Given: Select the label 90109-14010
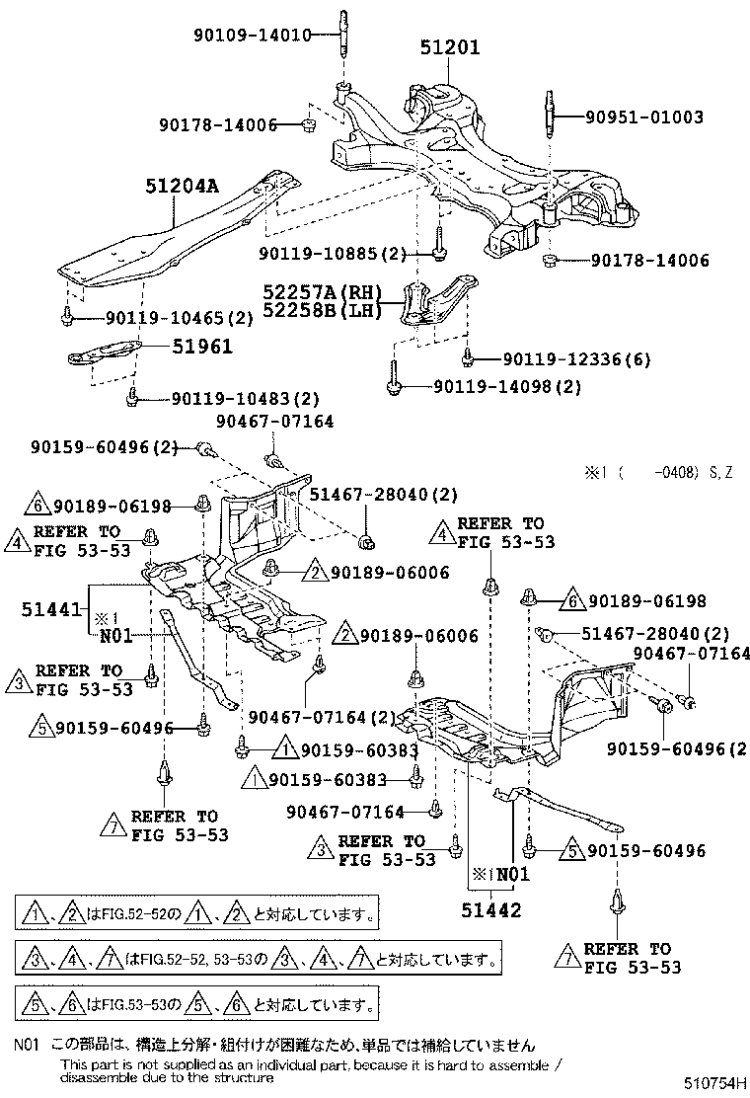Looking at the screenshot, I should tap(251, 36).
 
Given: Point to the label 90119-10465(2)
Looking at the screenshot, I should tap(165, 317).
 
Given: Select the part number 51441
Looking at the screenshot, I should tap(50, 611).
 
